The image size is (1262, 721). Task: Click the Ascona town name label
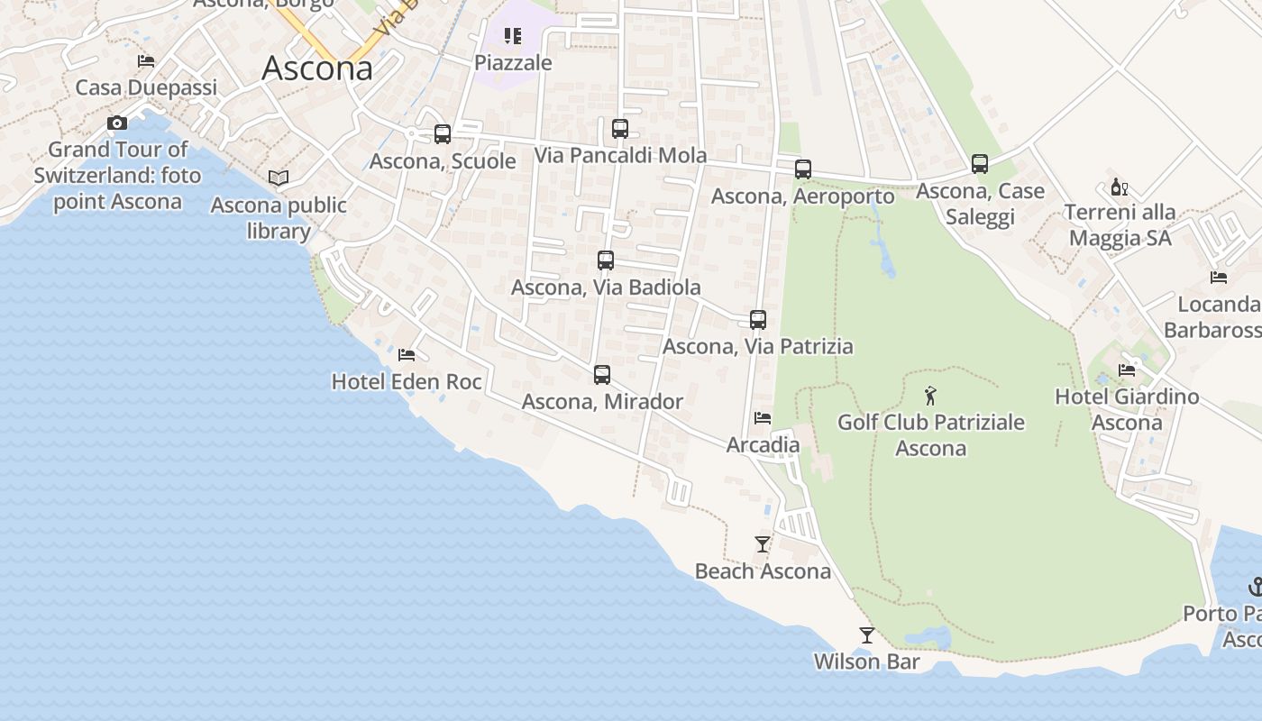pyautogui.click(x=317, y=68)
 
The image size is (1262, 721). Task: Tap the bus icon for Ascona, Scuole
pyautogui.click(x=442, y=134)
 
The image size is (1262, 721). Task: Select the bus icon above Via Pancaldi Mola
pyautogui.click(x=620, y=129)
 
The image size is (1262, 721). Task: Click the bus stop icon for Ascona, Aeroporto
pyautogui.click(x=802, y=169)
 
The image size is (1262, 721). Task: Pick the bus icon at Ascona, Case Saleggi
pyautogui.click(x=980, y=164)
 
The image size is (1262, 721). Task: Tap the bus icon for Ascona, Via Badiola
pyautogui.click(x=606, y=260)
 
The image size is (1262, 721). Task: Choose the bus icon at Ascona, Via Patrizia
pyautogui.click(x=758, y=320)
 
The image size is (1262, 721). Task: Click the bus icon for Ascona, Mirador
pyautogui.click(x=602, y=375)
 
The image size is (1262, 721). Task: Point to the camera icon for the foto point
pyautogui.click(x=117, y=123)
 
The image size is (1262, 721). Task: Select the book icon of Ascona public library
pyautogui.click(x=279, y=178)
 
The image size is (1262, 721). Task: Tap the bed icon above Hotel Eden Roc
pyautogui.click(x=407, y=355)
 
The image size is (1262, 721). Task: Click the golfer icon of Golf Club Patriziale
pyautogui.click(x=931, y=395)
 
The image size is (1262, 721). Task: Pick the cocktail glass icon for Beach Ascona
pyautogui.click(x=763, y=544)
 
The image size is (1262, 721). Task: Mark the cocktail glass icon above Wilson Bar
pyautogui.click(x=866, y=635)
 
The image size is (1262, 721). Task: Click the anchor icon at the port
pyautogui.click(x=1256, y=587)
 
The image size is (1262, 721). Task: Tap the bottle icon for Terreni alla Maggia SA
pyautogui.click(x=1120, y=187)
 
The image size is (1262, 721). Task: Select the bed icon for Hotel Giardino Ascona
pyautogui.click(x=1127, y=370)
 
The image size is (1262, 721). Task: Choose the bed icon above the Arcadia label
pyautogui.click(x=763, y=418)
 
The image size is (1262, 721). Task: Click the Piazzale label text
pyautogui.click(x=513, y=63)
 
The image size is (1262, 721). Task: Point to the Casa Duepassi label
pyautogui.click(x=146, y=87)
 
